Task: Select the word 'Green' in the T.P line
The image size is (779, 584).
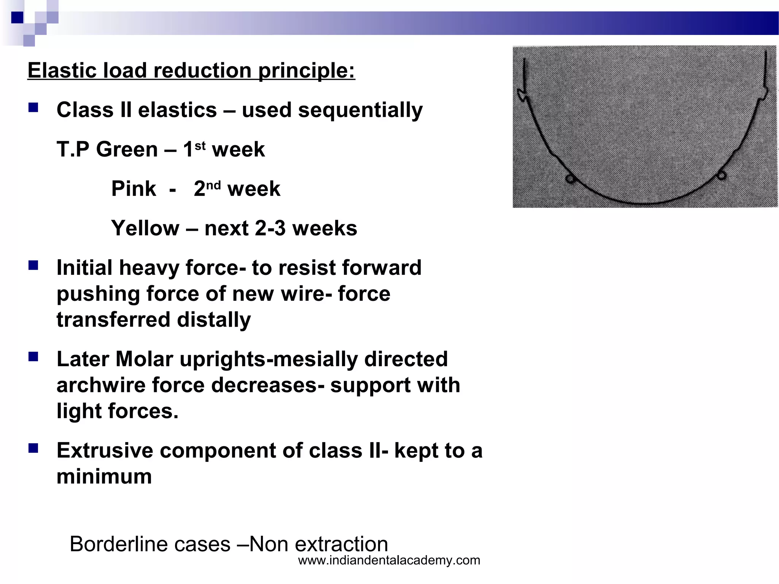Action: [x=127, y=149]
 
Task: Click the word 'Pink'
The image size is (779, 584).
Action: [x=134, y=189]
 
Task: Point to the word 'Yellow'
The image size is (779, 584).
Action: [x=145, y=228]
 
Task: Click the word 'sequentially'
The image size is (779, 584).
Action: [x=360, y=110]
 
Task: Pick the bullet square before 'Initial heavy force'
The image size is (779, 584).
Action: [x=33, y=265]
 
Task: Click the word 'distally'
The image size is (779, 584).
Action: [x=214, y=320]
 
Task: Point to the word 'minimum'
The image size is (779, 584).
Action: [x=104, y=476]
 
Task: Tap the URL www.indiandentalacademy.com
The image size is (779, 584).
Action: [x=389, y=560]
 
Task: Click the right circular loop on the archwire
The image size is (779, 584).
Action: [x=721, y=175]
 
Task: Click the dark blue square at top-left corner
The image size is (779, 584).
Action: [x=17, y=17]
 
